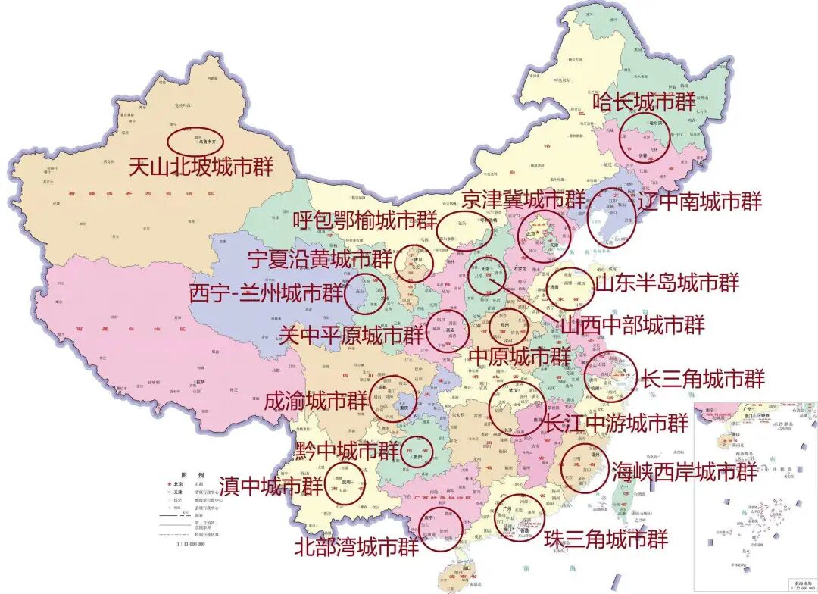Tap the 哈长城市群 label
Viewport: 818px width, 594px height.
click(644, 102)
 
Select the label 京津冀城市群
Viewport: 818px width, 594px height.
click(524, 200)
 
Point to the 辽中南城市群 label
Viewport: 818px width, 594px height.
click(700, 202)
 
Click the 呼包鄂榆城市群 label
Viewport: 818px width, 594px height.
click(365, 221)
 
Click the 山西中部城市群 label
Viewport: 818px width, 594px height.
click(633, 326)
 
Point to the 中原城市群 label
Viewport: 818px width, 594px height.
click(520, 355)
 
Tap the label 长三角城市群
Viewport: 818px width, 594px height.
click(703, 377)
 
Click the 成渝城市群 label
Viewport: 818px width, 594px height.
click(316, 401)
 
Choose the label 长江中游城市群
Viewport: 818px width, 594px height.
click(617, 422)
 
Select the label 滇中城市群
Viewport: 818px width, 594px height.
click(269, 486)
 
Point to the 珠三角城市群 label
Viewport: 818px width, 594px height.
click(606, 539)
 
